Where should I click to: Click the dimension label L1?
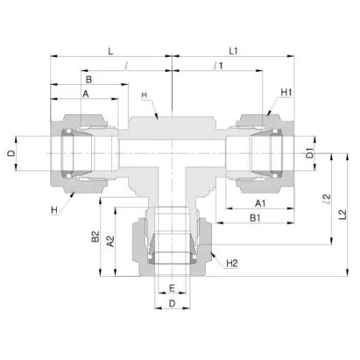click(x=234, y=51)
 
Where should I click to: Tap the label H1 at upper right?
click(x=286, y=93)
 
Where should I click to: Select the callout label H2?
click(x=232, y=263)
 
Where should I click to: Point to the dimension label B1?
click(x=255, y=218)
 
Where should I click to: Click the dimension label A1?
click(x=260, y=203)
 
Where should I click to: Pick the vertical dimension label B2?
click(x=95, y=237)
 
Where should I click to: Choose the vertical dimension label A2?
click(x=110, y=241)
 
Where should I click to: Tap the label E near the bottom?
click(x=172, y=288)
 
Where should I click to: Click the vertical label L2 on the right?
click(x=342, y=214)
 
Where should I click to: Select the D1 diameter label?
click(x=310, y=153)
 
